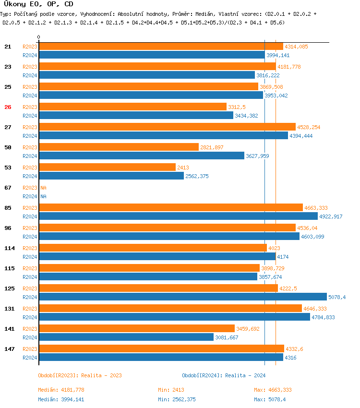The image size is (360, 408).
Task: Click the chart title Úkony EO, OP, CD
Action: (x=38, y=4)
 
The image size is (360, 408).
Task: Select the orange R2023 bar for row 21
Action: (x=161, y=47)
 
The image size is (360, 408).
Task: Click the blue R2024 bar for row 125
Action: (x=182, y=297)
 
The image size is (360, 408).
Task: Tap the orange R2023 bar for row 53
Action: (x=107, y=168)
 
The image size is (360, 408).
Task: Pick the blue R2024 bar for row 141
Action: (x=126, y=337)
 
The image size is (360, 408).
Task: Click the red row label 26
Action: (x=8, y=107)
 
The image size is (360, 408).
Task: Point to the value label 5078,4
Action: (x=337, y=297)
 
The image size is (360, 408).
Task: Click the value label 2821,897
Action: (x=212, y=147)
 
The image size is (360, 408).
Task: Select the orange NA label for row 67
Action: (x=43, y=188)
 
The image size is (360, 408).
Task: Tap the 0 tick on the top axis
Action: (x=39, y=37)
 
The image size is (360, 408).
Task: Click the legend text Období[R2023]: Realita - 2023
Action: (x=80, y=375)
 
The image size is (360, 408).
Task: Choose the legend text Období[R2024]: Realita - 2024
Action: (x=224, y=375)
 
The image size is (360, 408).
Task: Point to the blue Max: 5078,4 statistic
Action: (x=273, y=399)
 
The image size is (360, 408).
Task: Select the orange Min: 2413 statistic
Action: (x=171, y=390)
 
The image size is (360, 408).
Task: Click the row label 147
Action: (x=10, y=349)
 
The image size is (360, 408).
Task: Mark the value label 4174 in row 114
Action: (x=283, y=257)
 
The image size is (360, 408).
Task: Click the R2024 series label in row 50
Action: (x=30, y=156)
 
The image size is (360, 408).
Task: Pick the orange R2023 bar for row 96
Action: (x=167, y=228)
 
